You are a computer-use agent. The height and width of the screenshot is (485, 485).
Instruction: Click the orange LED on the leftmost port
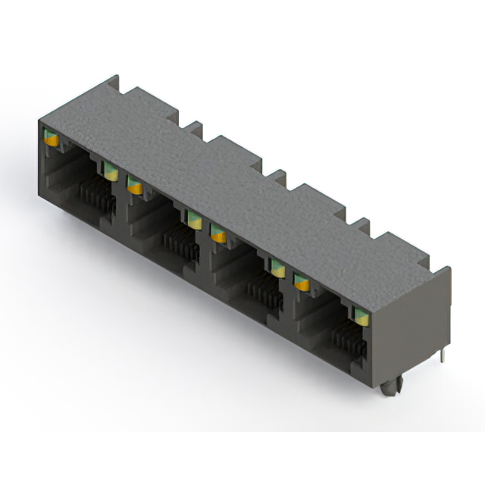[x=52, y=139]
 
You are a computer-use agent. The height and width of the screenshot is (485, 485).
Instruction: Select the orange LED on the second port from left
[x=135, y=185]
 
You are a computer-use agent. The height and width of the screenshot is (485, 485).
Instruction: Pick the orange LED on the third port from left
[x=218, y=235]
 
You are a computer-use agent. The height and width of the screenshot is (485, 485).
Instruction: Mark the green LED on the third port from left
[x=277, y=268]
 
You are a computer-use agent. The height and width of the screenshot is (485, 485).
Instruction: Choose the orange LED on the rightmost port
[x=302, y=283]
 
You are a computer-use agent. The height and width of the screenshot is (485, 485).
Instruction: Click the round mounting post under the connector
[x=390, y=388]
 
